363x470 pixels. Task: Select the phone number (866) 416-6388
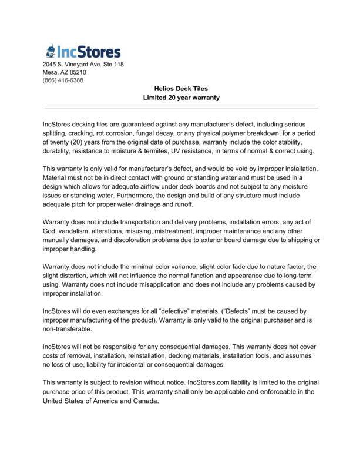(63, 80)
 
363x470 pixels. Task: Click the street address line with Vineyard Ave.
(82, 64)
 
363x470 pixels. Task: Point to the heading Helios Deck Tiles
(181, 89)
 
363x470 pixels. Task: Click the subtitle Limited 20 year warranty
(181, 98)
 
